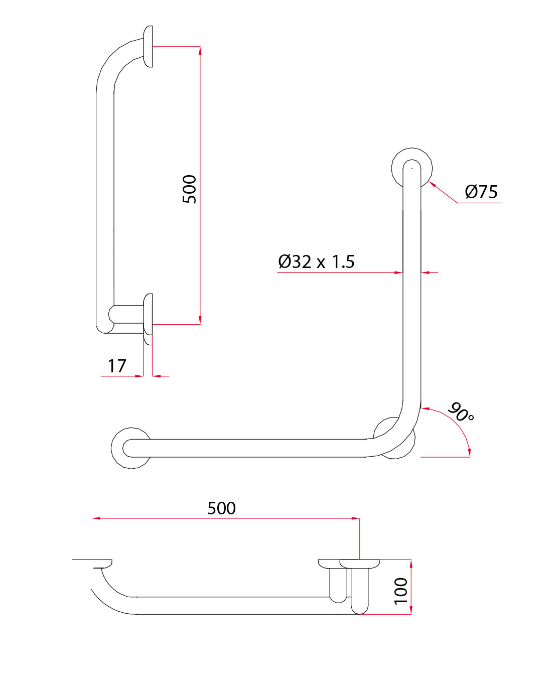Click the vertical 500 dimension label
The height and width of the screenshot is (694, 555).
pos(190,189)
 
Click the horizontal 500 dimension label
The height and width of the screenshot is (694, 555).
pos(221,508)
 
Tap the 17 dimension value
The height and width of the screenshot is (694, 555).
pos(117,366)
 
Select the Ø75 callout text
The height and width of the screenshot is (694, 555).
pos(481,192)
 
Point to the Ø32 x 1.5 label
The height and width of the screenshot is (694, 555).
pos(316,261)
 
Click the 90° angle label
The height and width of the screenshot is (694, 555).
pos(460,412)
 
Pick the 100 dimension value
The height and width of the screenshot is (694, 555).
pos(400,591)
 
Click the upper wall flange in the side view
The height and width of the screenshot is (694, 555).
pos(148,47)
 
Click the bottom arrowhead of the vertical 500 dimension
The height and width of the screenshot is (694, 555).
pos(200,321)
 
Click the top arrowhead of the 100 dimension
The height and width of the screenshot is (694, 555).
pos(411,563)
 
